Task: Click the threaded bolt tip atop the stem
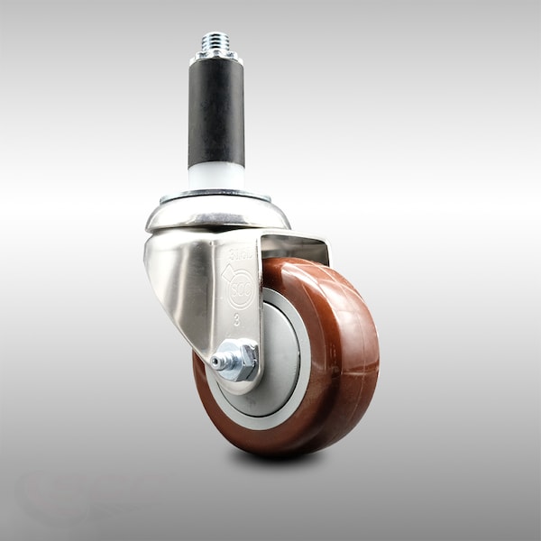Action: [x=215, y=41]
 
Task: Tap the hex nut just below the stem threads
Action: [x=215, y=57]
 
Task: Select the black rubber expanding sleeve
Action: [x=215, y=113]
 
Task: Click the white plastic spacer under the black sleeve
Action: [x=215, y=177]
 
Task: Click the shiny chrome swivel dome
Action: [x=217, y=214]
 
